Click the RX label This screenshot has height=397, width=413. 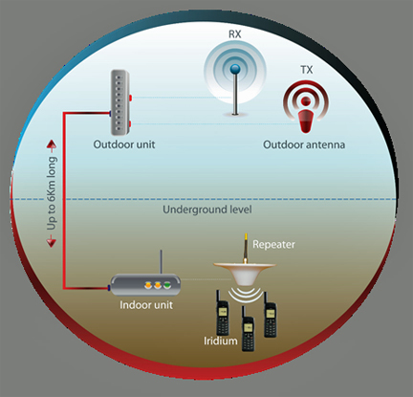[235, 34]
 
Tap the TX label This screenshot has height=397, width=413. [307, 70]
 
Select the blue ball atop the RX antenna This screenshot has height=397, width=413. [235, 68]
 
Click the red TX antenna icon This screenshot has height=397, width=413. [306, 107]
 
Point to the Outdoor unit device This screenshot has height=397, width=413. [120, 102]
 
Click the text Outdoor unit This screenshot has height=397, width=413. [124, 144]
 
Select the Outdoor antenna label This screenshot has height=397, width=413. [304, 144]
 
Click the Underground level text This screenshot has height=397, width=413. [207, 210]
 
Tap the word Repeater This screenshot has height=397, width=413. [273, 245]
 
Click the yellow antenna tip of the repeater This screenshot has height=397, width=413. [246, 238]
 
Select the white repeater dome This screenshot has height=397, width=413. [245, 273]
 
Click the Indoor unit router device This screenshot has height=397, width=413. [145, 284]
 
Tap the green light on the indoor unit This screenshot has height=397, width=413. [167, 285]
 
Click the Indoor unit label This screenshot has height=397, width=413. [146, 305]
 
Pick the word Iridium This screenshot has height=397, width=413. [221, 341]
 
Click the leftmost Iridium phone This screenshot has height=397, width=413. [223, 314]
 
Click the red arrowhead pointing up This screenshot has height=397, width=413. [52, 145]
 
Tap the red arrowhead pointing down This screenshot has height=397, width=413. [52, 241]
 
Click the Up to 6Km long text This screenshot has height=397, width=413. [52, 193]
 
